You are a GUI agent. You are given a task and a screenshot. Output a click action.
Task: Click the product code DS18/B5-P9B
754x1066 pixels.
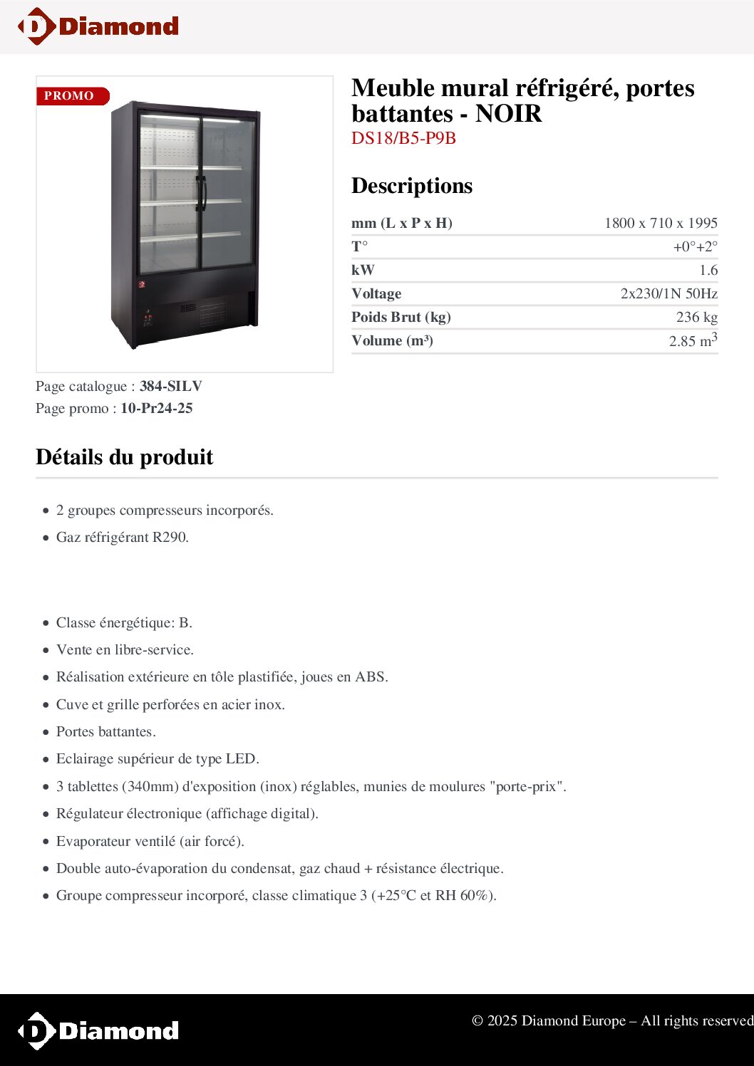tap(403, 138)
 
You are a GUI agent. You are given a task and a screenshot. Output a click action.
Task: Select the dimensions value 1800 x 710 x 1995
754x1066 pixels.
tap(660, 223)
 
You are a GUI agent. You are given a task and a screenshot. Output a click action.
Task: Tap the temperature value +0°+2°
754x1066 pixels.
tap(695, 247)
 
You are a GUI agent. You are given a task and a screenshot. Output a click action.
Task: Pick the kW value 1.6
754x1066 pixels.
tap(708, 271)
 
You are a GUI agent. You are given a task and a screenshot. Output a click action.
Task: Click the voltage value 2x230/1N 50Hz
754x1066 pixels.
tap(668, 294)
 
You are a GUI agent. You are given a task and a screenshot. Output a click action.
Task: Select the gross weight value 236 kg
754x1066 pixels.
tap(696, 318)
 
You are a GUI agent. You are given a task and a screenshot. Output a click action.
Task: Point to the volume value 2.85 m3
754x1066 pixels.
tap(692, 340)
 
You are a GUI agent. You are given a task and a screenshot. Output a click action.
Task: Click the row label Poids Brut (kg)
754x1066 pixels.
tap(401, 318)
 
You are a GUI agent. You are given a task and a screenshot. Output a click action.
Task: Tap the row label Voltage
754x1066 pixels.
tap(376, 294)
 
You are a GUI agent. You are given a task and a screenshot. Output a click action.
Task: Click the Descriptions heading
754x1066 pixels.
tap(412, 186)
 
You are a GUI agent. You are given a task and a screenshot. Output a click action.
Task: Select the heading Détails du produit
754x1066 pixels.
tap(125, 457)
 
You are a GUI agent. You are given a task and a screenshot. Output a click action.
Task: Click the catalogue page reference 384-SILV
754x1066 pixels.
tap(171, 387)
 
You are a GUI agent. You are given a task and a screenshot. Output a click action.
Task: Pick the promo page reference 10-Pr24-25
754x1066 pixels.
tap(156, 409)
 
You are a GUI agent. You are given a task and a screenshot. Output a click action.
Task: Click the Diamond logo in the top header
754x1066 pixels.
tap(98, 26)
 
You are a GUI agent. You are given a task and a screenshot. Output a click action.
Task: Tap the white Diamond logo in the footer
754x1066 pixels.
tap(98, 1030)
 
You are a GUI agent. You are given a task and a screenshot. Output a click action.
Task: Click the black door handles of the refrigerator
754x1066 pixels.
tap(202, 193)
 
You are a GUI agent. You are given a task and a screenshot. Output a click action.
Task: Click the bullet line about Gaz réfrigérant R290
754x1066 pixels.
tap(123, 538)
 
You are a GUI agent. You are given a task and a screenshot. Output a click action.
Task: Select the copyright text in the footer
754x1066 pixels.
tap(611, 1021)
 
